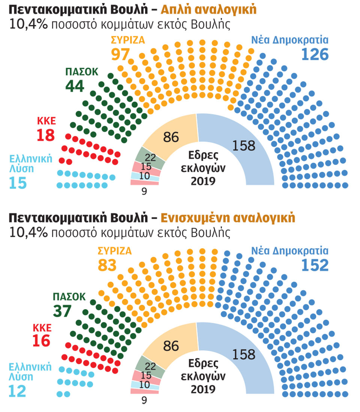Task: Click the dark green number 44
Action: tap(75, 86)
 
